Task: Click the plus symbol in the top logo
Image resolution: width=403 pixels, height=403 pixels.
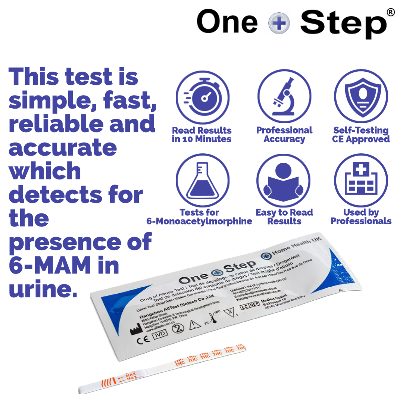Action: [x=279, y=23]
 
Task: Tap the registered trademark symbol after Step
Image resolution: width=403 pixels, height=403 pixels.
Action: [x=390, y=13]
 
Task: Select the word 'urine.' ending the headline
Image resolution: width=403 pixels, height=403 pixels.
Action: [x=43, y=289]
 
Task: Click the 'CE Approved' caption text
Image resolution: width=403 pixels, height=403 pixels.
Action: [x=361, y=139]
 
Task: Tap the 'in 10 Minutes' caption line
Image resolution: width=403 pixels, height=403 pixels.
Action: [x=201, y=139]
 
